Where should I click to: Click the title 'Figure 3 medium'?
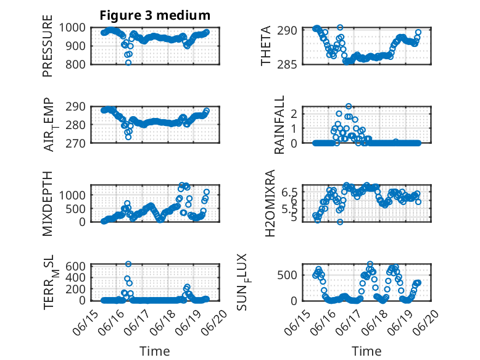155,15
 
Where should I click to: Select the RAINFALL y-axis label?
279,124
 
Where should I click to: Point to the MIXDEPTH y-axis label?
48,203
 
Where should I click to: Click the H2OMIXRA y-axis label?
270,203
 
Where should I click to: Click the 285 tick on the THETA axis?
289,64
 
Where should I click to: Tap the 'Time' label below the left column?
155,351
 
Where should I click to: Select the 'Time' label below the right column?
366,351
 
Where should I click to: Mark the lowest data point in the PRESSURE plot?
128,62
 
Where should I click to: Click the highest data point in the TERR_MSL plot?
128,264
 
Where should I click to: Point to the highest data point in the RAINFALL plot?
349,106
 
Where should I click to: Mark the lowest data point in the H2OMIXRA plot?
340,222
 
